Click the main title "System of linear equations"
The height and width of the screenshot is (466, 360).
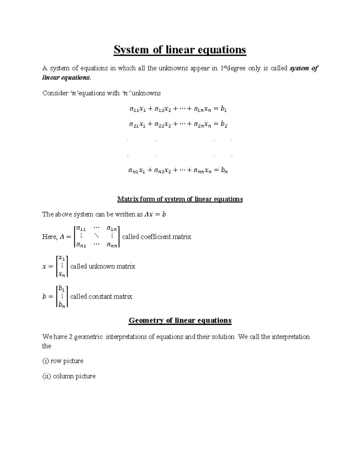point(180,50)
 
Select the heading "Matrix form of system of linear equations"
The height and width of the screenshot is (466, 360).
point(180,199)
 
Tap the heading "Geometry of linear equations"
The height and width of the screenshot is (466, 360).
point(180,320)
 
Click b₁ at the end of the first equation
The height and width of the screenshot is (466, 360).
point(223,109)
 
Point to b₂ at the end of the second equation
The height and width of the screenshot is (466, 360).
point(224,125)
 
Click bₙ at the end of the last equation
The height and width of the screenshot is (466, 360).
point(224,171)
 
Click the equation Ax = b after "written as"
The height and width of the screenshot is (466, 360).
point(155,215)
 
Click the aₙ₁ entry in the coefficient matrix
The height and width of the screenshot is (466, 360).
point(80,245)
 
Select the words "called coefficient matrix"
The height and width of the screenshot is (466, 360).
point(156,237)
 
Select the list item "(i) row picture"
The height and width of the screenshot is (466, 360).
point(63,361)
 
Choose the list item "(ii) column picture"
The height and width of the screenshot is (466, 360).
point(69,376)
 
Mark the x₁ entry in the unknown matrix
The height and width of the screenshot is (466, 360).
point(62,258)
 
